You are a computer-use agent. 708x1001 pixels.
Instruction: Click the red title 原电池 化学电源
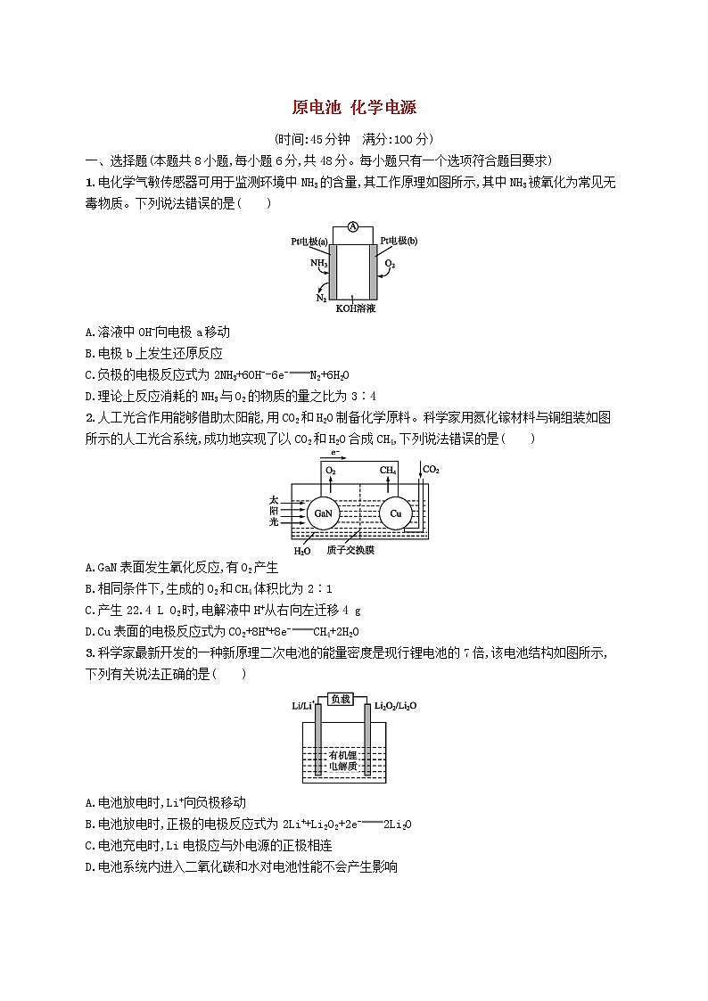(x=354, y=108)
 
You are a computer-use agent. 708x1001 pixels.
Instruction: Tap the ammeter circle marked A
(x=353, y=227)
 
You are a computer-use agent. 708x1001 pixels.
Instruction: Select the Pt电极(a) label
(x=309, y=241)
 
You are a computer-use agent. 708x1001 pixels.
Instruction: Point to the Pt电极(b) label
(x=399, y=241)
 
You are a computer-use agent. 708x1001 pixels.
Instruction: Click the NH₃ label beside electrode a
(x=318, y=264)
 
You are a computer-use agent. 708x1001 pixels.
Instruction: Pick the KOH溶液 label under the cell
(x=355, y=308)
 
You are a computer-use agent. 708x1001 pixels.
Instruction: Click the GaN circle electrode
(x=321, y=514)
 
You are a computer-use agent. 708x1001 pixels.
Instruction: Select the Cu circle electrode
(x=395, y=514)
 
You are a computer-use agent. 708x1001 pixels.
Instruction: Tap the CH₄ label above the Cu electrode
(x=389, y=470)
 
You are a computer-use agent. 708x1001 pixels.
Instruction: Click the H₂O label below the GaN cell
(x=302, y=551)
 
